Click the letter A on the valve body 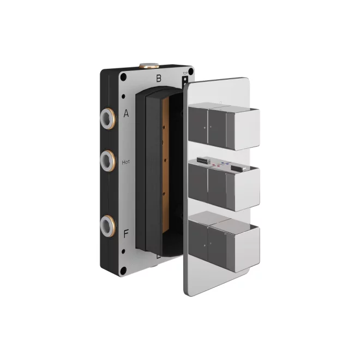(126, 113)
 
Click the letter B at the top (159, 78)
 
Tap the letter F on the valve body (126, 234)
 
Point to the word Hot (126, 161)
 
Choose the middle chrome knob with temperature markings (223, 185)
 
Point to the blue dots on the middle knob (225, 166)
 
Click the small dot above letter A (125, 97)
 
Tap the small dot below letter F (125, 250)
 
